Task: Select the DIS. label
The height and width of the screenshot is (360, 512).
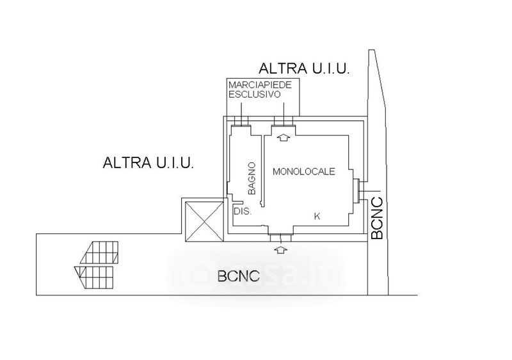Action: click(241, 211)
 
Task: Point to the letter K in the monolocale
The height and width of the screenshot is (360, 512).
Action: click(317, 217)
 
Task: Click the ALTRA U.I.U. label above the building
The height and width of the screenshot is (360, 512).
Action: click(304, 69)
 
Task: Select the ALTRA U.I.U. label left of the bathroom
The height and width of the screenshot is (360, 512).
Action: click(148, 162)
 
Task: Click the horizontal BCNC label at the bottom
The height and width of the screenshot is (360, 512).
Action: click(238, 277)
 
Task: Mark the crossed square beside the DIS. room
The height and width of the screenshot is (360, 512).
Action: click(202, 220)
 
